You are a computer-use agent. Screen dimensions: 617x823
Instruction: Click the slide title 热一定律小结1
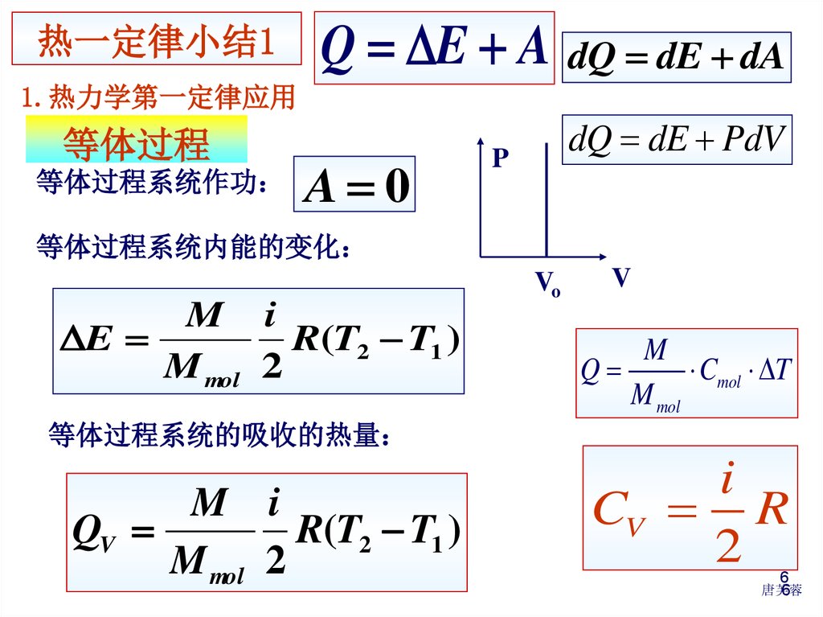point(157,39)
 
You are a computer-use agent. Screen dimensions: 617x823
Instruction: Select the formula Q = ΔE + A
point(434,47)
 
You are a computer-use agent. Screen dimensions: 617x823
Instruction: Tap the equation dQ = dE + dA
point(676,57)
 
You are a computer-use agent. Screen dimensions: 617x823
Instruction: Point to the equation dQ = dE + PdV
point(677,141)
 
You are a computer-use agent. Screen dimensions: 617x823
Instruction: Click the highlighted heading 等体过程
point(137,142)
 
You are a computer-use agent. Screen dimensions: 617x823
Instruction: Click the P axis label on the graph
point(500,158)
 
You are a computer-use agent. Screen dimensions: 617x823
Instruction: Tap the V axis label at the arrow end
point(620,278)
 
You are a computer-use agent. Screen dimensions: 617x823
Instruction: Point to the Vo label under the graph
point(547,284)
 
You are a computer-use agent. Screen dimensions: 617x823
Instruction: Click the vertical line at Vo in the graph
point(547,201)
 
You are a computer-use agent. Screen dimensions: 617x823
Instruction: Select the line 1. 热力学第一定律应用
point(159,98)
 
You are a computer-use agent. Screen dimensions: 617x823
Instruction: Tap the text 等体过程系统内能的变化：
point(194,247)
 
